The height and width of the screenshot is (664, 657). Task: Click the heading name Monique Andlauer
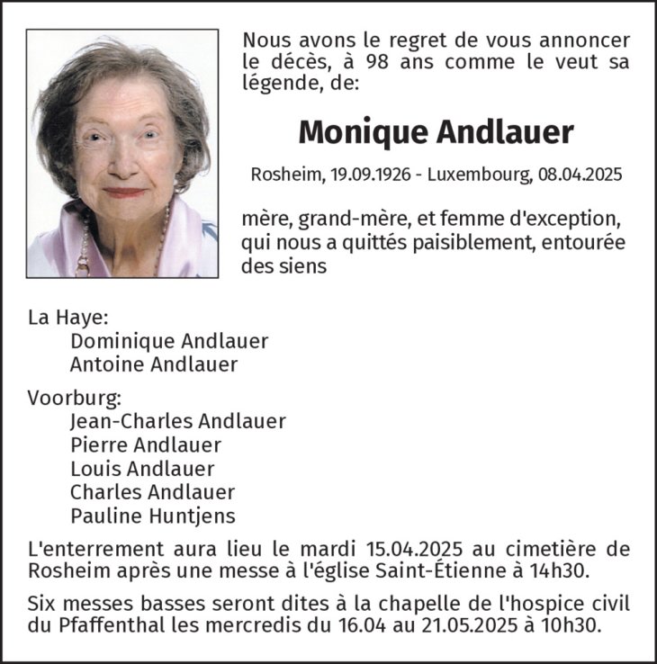(x=436, y=132)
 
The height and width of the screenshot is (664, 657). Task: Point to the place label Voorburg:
(x=74, y=398)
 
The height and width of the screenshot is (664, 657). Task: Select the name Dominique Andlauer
(x=169, y=341)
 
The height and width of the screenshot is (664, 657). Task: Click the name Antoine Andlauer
(x=154, y=364)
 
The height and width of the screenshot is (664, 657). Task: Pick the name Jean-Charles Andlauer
(x=178, y=421)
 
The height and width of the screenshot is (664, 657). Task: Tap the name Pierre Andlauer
(x=146, y=444)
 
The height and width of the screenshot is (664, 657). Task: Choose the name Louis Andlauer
(x=142, y=469)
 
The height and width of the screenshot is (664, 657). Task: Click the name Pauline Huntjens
(x=153, y=516)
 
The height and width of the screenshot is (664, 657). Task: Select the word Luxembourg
(x=483, y=176)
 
